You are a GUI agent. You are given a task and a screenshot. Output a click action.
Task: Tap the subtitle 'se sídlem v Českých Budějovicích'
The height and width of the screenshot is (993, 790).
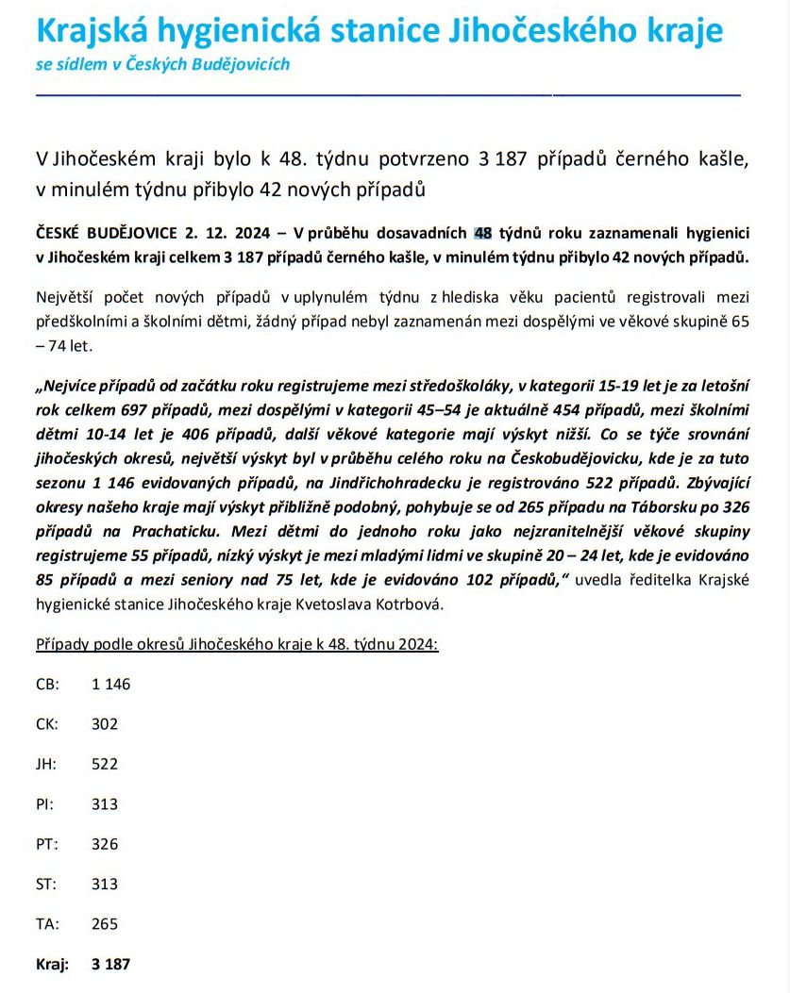click(162, 65)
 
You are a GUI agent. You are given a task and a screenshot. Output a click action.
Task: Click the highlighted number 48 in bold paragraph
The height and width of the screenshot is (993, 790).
click(482, 233)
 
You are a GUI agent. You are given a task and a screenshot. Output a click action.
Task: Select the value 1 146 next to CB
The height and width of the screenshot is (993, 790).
click(111, 685)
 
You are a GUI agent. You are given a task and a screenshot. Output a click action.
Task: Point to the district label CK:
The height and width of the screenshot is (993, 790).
click(47, 724)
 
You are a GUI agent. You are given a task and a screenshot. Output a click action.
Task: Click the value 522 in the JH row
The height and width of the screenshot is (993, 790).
click(105, 765)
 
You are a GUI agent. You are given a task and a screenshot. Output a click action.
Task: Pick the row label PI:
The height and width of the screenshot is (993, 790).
click(44, 804)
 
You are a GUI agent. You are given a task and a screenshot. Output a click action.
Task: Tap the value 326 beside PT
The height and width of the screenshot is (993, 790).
click(105, 844)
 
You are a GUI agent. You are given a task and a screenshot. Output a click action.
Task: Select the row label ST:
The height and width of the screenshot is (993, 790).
click(46, 885)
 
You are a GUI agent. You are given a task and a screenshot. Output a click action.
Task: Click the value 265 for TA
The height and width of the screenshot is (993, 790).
click(105, 924)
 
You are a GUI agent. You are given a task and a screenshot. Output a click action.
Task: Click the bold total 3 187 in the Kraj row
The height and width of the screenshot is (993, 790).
click(111, 964)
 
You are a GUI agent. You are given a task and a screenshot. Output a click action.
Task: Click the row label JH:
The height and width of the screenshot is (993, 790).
click(46, 765)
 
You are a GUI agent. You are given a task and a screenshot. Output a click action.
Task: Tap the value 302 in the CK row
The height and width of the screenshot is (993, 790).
click(105, 724)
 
